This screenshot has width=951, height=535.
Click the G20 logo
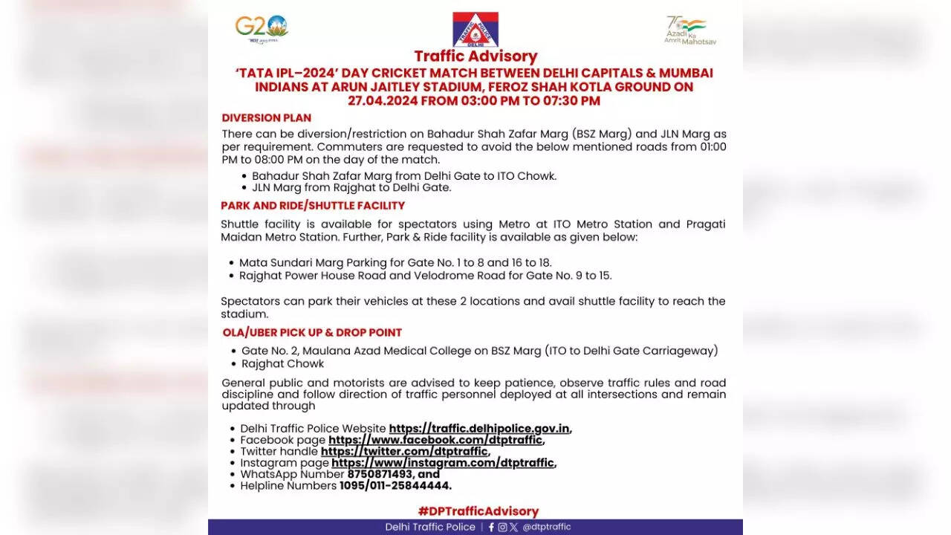[x=262, y=27]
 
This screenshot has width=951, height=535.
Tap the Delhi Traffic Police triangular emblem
[x=475, y=30]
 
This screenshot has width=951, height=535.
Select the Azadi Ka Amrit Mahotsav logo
[x=689, y=30]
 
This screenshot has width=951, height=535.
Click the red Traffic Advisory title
[x=475, y=56]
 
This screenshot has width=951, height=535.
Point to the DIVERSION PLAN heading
[x=266, y=118]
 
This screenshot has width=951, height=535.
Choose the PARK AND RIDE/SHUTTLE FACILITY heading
[x=312, y=206]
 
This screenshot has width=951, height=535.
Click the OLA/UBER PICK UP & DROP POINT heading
[x=312, y=333]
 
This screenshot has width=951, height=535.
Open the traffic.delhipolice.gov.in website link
[x=479, y=429]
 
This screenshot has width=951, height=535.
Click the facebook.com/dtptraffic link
[x=435, y=440]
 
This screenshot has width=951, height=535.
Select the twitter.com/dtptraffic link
[x=404, y=452]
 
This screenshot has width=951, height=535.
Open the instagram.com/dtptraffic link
[x=443, y=463]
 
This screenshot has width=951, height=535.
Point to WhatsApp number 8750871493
[x=377, y=474]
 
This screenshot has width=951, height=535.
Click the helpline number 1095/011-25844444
[x=395, y=486]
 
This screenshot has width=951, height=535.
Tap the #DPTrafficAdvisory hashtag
[x=478, y=511]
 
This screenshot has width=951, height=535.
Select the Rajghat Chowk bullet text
[x=282, y=364]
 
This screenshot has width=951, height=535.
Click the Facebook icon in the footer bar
[x=491, y=527]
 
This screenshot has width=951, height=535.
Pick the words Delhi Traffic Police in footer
[x=430, y=527]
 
